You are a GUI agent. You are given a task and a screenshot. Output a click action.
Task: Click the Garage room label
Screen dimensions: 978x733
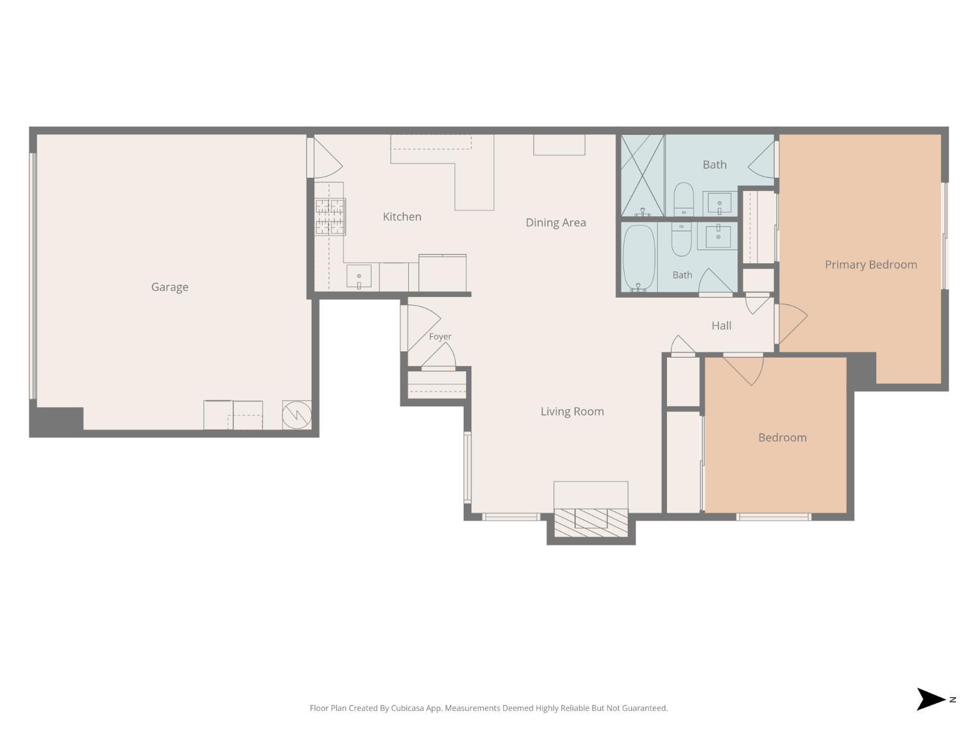tap(170, 287)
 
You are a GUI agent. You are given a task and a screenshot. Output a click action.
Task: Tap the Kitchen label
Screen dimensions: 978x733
tap(402, 217)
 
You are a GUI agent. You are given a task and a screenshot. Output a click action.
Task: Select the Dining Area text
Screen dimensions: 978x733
tap(556, 223)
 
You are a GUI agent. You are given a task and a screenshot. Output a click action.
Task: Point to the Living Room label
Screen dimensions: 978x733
tap(572, 412)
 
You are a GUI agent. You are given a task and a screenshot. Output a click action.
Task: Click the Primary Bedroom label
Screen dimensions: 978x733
tap(870, 265)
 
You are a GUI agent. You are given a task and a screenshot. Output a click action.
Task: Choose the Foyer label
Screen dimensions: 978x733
tap(440, 337)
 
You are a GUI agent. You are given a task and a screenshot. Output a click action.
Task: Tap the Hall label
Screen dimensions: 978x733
tap(721, 326)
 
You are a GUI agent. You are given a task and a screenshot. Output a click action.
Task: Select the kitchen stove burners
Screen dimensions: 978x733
tap(330, 217)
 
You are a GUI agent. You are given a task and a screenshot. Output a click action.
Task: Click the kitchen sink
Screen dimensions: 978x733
tap(359, 276)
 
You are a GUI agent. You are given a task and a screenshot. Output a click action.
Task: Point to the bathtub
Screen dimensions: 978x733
tap(638, 258)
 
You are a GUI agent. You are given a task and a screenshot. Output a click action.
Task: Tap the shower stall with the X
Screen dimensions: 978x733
tap(643, 175)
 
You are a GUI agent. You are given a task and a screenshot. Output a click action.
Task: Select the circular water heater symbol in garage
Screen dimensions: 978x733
tap(297, 415)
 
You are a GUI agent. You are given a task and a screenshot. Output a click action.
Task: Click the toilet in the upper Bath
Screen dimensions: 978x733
tap(683, 199)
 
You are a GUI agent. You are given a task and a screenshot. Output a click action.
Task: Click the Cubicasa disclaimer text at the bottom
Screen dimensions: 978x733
tap(489, 708)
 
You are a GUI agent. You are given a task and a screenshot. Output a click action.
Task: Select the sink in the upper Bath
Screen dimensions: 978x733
tap(719, 204)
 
